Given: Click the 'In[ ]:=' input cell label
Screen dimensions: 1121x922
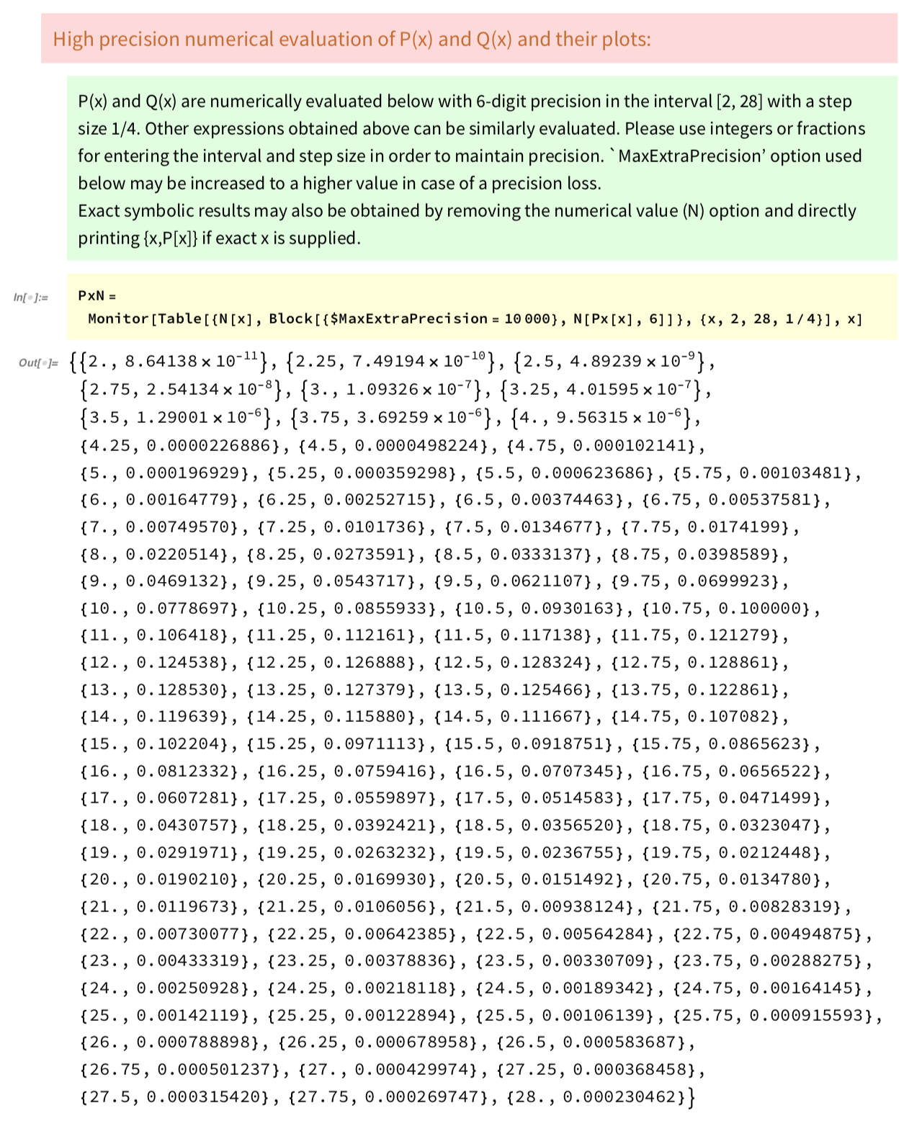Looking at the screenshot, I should click(x=31, y=298).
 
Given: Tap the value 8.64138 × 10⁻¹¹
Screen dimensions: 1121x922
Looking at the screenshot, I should click(x=191, y=362).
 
